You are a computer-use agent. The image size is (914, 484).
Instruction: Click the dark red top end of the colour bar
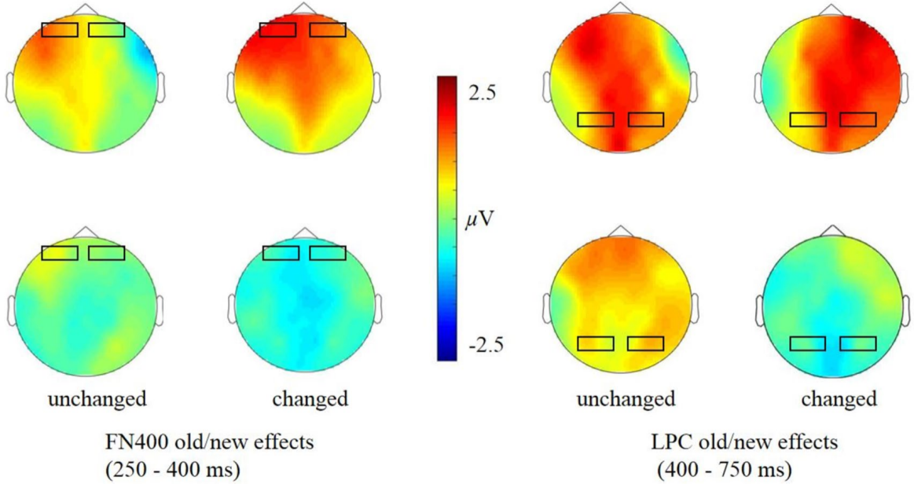pos(446,80)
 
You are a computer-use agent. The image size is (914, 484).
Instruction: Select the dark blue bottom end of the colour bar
pos(446,356)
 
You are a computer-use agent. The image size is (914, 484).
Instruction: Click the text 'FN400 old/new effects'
pos(209,442)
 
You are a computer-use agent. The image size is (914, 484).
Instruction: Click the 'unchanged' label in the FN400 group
pos(97,399)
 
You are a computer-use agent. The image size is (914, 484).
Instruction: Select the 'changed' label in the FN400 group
pos(310,399)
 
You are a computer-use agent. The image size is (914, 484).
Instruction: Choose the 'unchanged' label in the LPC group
pos(626,399)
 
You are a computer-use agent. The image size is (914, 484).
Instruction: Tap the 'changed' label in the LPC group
pos(839,399)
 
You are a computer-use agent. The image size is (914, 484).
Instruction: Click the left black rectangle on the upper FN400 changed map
pos(277,30)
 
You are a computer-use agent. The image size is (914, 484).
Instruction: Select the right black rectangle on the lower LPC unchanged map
pos(645,343)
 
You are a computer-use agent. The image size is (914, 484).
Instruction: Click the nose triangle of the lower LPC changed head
pos(833,233)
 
